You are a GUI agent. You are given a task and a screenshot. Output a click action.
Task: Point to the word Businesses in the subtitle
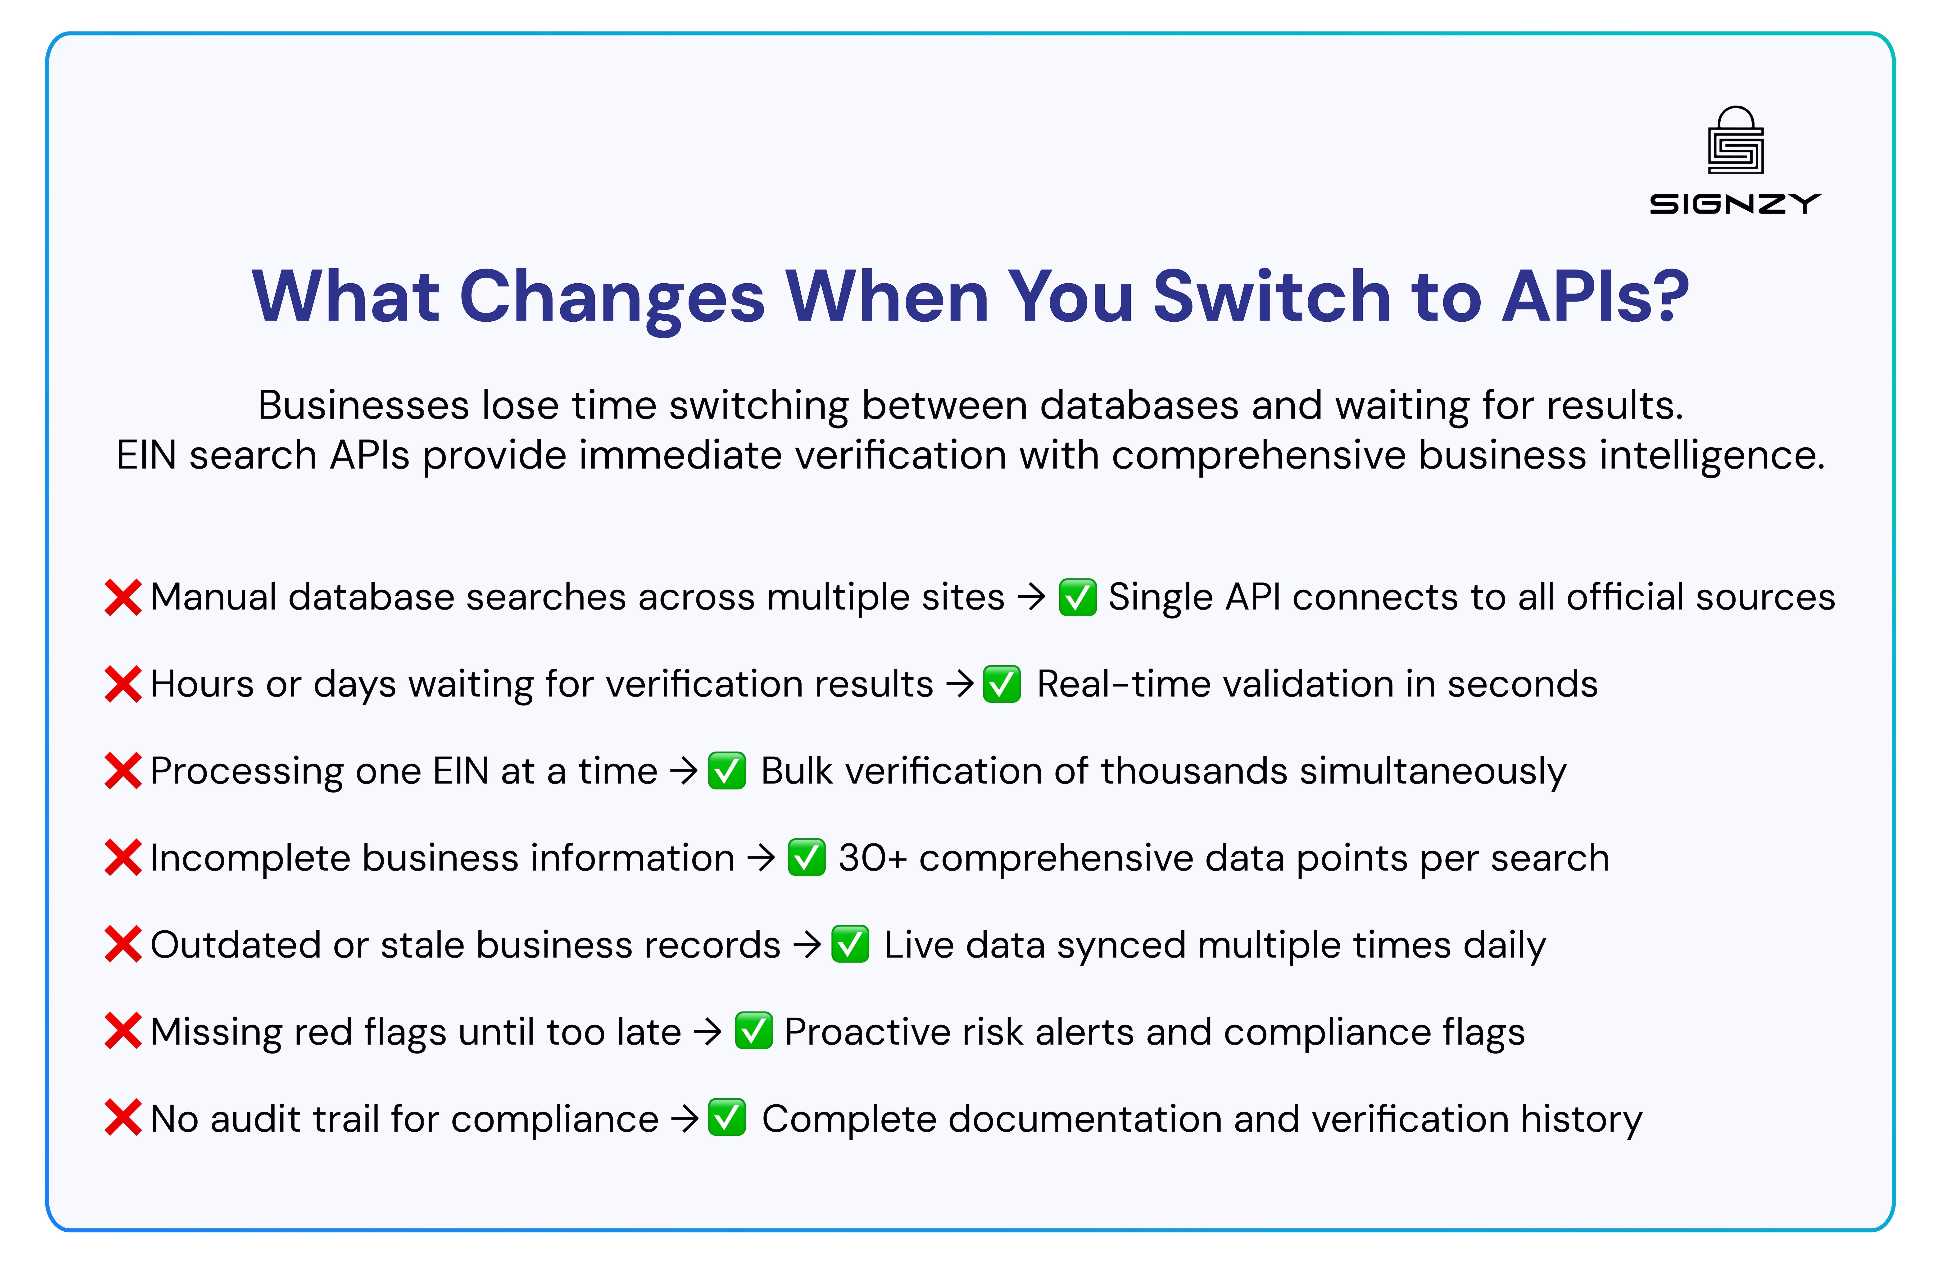click(363, 405)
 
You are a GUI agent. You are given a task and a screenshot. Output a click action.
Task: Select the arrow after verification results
click(960, 683)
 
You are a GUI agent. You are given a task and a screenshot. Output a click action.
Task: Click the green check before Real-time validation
click(1002, 683)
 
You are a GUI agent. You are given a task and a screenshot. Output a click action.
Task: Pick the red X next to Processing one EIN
click(123, 771)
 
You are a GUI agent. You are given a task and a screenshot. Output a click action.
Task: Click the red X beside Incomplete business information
click(123, 858)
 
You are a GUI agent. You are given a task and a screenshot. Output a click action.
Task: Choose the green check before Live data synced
click(850, 945)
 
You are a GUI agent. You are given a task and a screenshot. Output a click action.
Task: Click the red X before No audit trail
click(123, 1118)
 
